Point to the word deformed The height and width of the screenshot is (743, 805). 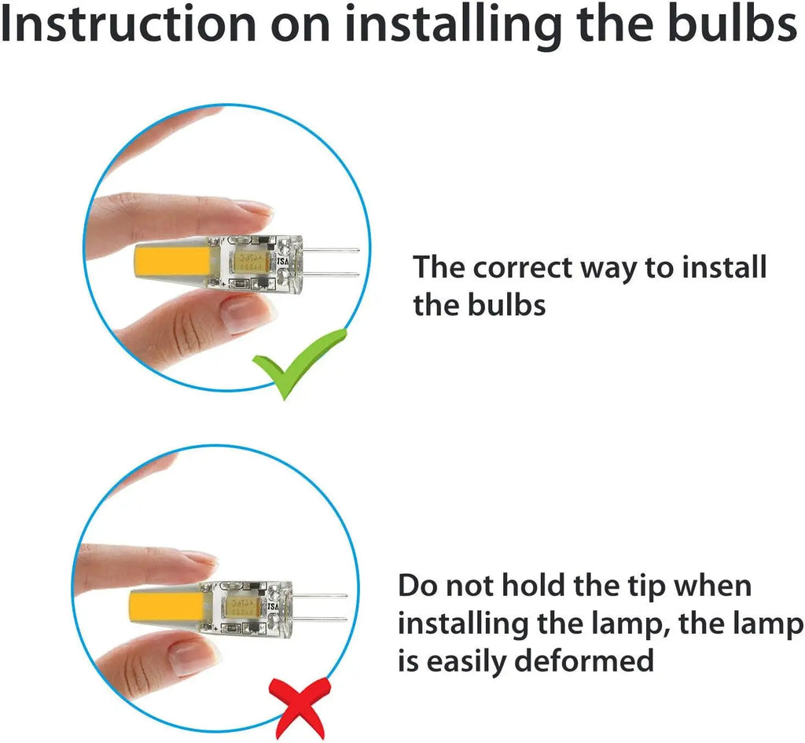[x=584, y=660]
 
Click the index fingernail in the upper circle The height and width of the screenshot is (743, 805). [x=253, y=208]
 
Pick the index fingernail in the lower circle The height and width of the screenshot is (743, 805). [x=200, y=557]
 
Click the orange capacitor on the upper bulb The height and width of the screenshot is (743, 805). [x=251, y=263]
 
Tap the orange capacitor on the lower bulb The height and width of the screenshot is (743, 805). [x=241, y=607]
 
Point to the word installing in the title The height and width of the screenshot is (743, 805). [x=454, y=26]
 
